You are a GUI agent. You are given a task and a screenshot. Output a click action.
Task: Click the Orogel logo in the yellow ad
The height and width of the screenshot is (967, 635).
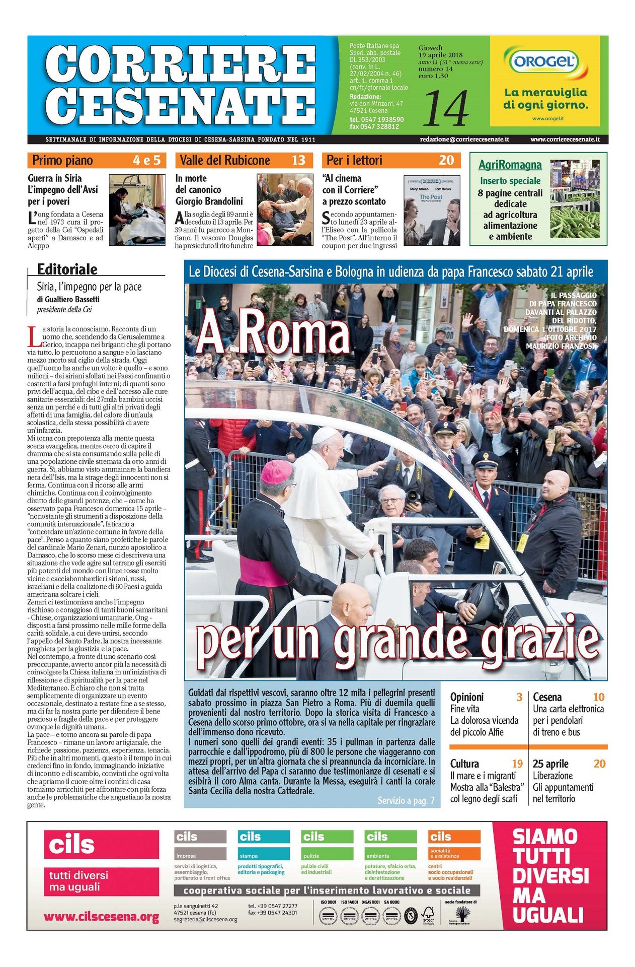tap(544, 62)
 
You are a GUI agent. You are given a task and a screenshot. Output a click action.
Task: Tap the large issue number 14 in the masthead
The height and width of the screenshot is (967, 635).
tap(446, 108)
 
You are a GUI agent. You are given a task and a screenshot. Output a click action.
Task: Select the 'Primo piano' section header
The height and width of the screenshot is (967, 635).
tap(62, 160)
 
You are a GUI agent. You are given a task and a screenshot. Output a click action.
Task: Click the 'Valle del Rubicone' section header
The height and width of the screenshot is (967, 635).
tap(224, 160)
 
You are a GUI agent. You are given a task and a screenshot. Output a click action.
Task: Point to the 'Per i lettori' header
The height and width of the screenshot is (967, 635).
tap(354, 160)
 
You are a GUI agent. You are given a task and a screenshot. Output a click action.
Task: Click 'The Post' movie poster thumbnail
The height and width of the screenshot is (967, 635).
tap(432, 210)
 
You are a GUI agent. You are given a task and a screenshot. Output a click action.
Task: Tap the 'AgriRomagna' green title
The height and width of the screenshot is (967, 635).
tap(510, 165)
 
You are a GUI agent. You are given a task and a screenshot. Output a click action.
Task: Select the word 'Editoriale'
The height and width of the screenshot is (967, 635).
tap(67, 269)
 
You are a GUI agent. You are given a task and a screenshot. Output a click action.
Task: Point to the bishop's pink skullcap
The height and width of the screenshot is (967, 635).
tap(276, 471)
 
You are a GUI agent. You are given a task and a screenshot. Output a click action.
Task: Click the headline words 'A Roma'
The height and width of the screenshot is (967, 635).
tap(273, 332)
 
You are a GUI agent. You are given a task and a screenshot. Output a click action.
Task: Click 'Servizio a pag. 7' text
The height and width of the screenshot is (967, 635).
tap(406, 800)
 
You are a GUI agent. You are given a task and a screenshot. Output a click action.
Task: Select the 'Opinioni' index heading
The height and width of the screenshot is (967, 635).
tap(466, 697)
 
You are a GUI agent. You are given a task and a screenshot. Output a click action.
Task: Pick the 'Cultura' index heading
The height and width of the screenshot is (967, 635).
tap(464, 764)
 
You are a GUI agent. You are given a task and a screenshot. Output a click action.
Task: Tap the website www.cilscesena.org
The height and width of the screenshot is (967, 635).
tap(101, 917)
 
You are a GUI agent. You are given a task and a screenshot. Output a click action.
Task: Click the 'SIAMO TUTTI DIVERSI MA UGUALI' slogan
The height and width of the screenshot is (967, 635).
tap(550, 876)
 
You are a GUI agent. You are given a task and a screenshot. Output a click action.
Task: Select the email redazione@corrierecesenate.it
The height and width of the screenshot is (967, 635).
tap(464, 140)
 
